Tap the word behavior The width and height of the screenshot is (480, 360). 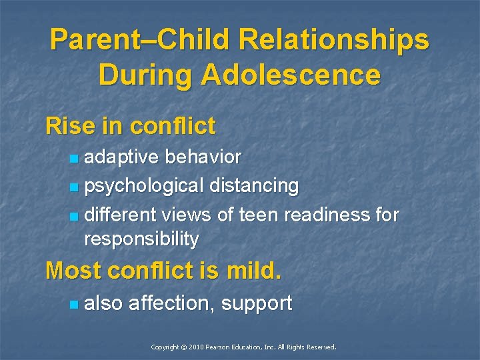pos(203,157)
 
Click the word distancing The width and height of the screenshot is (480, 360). pos(254,186)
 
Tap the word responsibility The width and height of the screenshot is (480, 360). pos(142,239)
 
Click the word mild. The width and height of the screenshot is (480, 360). pos(255,271)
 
